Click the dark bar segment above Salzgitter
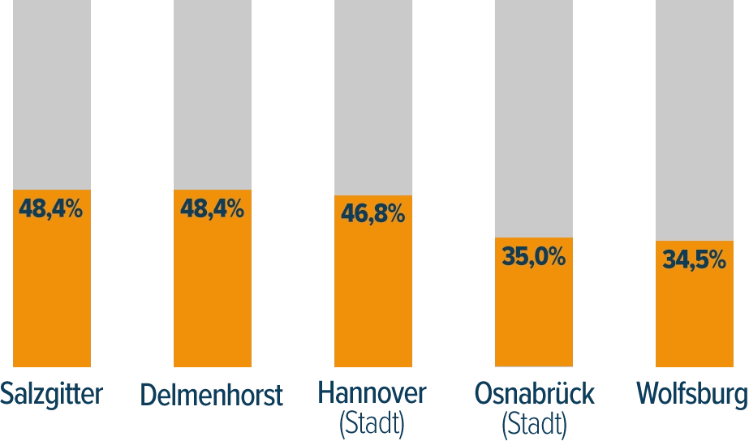click(52, 93)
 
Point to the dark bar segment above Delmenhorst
click(211, 93)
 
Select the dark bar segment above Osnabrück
click(535, 118)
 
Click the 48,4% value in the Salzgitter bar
click(51, 209)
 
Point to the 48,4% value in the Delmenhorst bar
click(212, 209)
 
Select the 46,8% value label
click(372, 214)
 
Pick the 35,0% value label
click(533, 258)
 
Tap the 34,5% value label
click(694, 260)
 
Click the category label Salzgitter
click(52, 395)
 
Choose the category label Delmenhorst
click(212, 395)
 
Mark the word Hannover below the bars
click(372, 394)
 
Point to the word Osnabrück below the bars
click(535, 394)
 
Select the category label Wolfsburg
click(694, 395)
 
